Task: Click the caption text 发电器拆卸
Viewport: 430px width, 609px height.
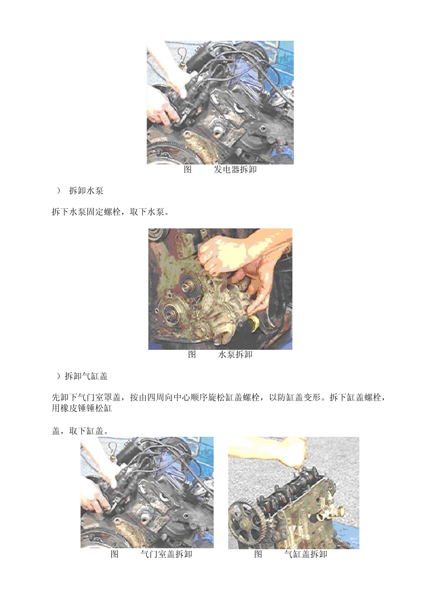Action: point(235,170)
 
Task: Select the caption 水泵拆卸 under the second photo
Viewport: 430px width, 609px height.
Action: point(235,355)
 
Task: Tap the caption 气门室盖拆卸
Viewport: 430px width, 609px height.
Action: point(166,554)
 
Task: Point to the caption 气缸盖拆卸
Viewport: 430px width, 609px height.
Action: point(306,554)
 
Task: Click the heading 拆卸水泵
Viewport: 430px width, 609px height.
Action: point(86,191)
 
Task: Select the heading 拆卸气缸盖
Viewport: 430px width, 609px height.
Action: point(86,376)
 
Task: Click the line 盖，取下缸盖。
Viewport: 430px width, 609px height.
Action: point(80,431)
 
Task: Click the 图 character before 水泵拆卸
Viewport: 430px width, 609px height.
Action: point(192,355)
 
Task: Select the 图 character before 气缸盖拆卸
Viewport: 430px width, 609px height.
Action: point(258,554)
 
